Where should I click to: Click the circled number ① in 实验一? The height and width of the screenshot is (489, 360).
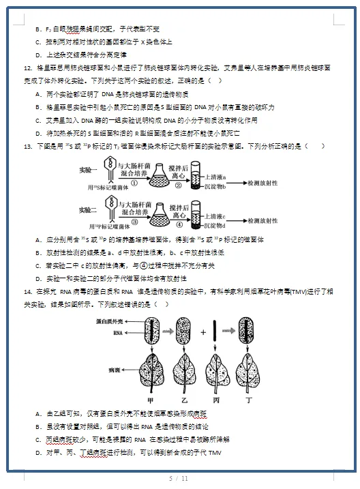134,183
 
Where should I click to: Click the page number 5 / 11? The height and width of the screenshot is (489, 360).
179,479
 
